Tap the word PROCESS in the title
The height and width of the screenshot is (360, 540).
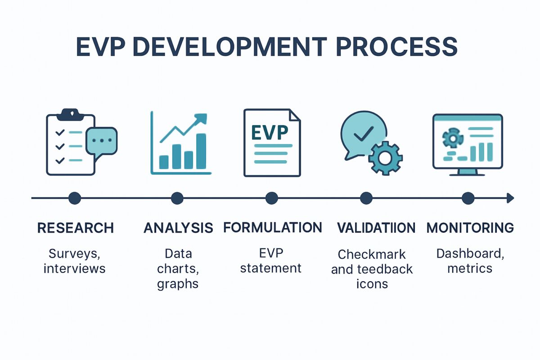click(x=397, y=47)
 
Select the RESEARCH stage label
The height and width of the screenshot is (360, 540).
click(x=76, y=228)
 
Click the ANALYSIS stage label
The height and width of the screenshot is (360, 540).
click(x=178, y=228)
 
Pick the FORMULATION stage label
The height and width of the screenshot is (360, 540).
click(x=273, y=227)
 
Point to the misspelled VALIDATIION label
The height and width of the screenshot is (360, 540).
click(x=376, y=228)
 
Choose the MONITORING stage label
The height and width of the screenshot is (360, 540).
click(x=470, y=228)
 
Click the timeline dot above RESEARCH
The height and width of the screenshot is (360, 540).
click(x=75, y=198)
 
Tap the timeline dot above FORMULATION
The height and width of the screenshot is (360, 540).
click(x=272, y=198)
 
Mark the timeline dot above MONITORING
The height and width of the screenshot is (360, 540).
click(x=468, y=198)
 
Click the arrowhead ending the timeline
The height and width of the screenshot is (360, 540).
click(x=510, y=198)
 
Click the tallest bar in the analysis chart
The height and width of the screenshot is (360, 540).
click(x=201, y=151)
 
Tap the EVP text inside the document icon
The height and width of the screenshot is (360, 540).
click(x=270, y=133)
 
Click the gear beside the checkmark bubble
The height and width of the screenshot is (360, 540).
click(x=385, y=158)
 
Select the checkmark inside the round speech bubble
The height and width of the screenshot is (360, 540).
click(x=364, y=134)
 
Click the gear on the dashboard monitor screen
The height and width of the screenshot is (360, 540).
click(x=453, y=138)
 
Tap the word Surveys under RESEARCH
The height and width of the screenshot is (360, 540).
click(x=75, y=254)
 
